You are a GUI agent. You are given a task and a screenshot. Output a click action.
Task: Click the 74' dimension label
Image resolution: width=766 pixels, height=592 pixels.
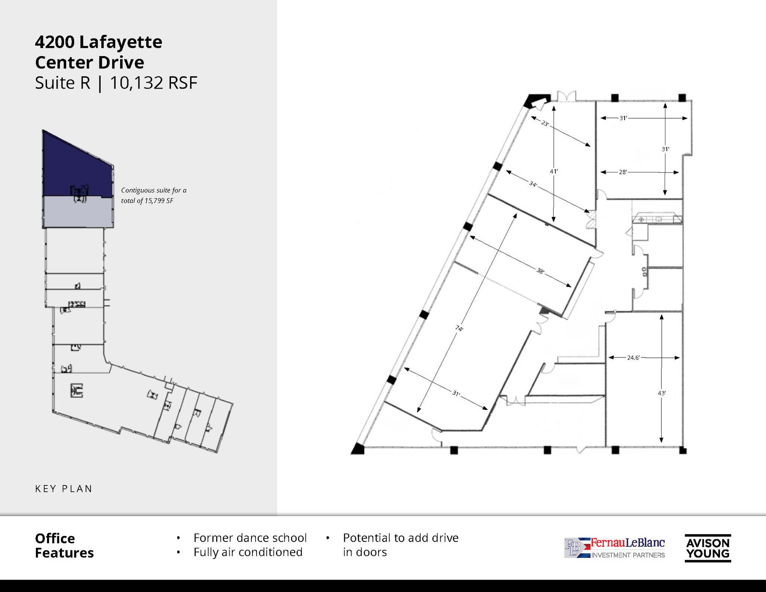click(x=459, y=328)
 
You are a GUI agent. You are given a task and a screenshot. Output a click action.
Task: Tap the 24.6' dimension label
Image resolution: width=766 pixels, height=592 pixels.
click(x=633, y=358)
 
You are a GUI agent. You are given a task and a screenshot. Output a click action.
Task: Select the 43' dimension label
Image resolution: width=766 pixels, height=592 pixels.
click(x=662, y=393)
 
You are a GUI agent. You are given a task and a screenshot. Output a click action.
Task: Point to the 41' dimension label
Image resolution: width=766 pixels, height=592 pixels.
click(x=554, y=171)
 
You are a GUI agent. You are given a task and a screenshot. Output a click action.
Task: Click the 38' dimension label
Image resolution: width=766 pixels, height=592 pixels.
click(x=540, y=271)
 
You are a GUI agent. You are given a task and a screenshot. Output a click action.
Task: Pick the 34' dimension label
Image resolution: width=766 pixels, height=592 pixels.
click(x=533, y=184)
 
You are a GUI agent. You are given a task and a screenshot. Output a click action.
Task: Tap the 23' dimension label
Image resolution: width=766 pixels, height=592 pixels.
click(x=545, y=123)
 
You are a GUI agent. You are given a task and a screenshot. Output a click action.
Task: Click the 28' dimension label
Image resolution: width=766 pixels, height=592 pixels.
click(x=622, y=172)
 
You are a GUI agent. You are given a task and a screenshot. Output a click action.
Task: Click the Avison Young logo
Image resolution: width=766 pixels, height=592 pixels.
click(x=708, y=548)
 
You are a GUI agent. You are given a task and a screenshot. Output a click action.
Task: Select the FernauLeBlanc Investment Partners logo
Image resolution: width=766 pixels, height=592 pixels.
click(x=615, y=548)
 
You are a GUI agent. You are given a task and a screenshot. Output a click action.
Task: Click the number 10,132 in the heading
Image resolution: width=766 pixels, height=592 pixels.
click(x=137, y=83)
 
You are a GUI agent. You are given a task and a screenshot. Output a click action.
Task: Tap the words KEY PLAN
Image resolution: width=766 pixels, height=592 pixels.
click(x=64, y=489)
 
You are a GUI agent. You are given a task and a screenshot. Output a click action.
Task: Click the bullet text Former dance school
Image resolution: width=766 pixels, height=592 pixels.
click(x=250, y=538)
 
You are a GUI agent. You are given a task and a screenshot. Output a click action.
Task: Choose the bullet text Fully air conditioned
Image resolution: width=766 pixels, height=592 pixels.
click(x=248, y=552)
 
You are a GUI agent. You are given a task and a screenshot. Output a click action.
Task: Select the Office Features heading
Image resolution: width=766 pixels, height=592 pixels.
click(x=64, y=546)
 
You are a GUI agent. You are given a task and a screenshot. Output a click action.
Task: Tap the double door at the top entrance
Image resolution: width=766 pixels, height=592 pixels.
click(x=567, y=96)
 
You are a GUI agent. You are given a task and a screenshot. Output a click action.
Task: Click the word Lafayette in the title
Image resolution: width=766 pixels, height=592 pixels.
click(x=120, y=42)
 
